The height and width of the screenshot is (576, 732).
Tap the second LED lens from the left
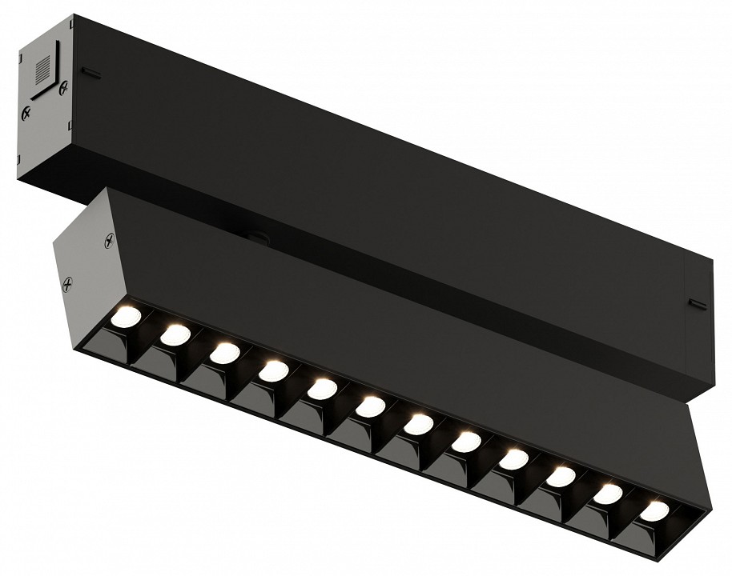click(x=175, y=334)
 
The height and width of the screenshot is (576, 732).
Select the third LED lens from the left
click(x=225, y=352)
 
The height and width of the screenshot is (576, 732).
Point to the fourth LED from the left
click(x=274, y=370)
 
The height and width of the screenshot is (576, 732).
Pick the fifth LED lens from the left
click(x=322, y=388)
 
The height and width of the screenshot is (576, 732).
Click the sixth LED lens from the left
click(x=370, y=406)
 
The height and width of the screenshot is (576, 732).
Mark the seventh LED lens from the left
click(x=417, y=423)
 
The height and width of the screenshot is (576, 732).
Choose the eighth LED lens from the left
click(x=465, y=441)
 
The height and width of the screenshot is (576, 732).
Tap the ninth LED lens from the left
click(x=513, y=458)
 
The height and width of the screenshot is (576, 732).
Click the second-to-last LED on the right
click(x=608, y=493)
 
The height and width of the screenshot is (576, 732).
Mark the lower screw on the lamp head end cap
click(x=70, y=282)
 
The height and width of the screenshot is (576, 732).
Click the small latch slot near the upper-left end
click(x=91, y=74)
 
